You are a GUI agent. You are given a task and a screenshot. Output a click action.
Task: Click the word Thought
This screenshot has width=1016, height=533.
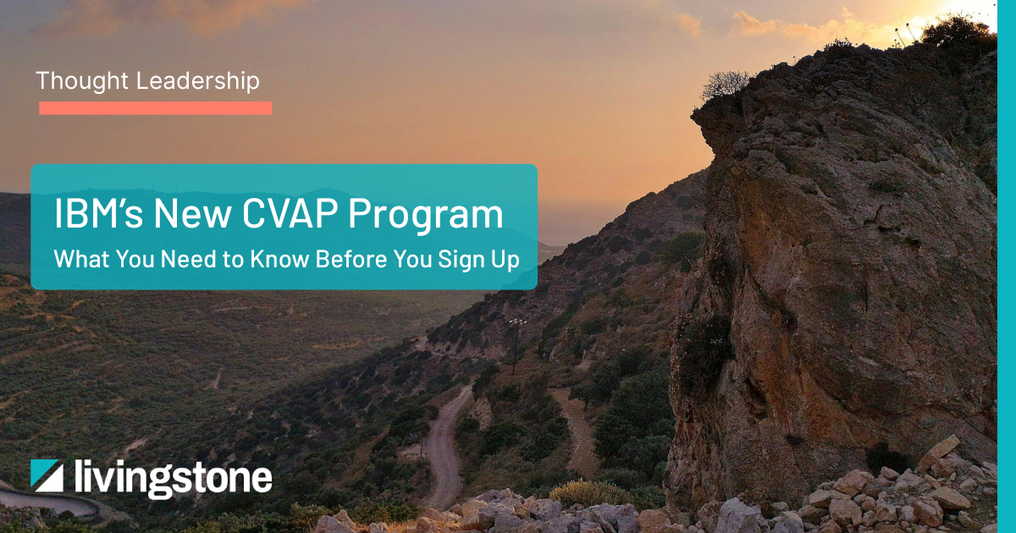pyautogui.click(x=82, y=80)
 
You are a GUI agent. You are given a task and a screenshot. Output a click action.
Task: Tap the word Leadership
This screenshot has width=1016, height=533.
pyautogui.click(x=198, y=81)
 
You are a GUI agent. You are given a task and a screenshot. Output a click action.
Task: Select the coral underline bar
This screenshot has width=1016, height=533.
pyautogui.click(x=156, y=108)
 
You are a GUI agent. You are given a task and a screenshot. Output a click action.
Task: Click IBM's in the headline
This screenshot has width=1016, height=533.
pyautogui.click(x=98, y=213)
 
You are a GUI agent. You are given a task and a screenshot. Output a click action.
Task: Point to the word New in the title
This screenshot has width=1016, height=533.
pyautogui.click(x=193, y=213)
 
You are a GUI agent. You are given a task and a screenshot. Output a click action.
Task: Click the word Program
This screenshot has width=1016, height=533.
pyautogui.click(x=426, y=216)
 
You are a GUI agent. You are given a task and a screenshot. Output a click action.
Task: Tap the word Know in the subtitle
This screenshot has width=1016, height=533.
pyautogui.click(x=280, y=259)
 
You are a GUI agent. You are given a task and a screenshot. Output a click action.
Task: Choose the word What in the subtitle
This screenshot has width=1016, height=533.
pyautogui.click(x=81, y=259)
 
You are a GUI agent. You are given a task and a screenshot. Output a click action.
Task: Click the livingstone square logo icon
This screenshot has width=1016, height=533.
pyautogui.click(x=47, y=475)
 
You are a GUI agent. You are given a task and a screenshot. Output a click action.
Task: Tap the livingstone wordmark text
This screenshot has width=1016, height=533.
pyautogui.click(x=174, y=479)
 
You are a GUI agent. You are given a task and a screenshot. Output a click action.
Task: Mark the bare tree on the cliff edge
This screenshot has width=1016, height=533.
pyautogui.click(x=725, y=85)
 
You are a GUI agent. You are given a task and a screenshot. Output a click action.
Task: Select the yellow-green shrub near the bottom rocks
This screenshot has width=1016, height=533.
pyautogui.click(x=589, y=493)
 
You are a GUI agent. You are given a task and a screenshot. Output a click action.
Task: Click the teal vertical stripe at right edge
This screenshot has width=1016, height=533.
pyautogui.click(x=1007, y=266)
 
